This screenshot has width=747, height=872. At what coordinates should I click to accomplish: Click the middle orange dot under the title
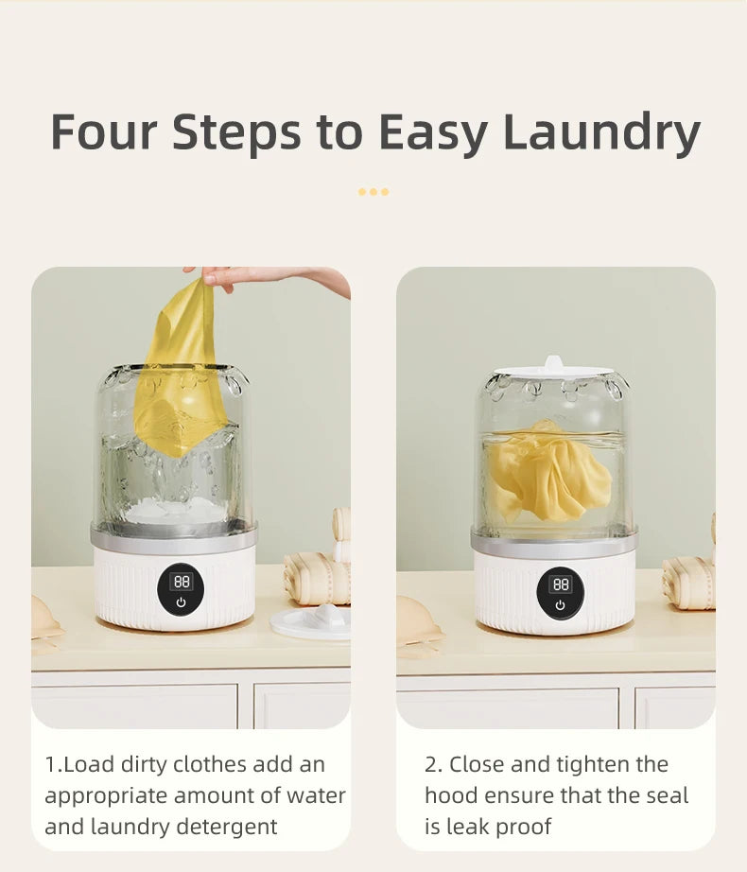click(x=373, y=192)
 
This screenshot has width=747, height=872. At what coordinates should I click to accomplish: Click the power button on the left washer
click(x=182, y=602)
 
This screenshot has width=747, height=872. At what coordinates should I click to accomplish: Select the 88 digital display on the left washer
click(x=181, y=581)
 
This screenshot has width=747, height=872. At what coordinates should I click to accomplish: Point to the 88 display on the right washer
click(x=560, y=584)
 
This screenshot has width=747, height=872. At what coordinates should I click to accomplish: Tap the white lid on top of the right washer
click(x=553, y=369)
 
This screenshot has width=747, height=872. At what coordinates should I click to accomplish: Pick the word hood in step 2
click(x=452, y=796)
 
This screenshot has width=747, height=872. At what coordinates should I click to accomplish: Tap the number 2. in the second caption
click(x=433, y=765)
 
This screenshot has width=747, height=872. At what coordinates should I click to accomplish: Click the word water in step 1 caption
click(x=319, y=796)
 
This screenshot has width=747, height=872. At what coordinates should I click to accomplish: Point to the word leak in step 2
click(x=469, y=828)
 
